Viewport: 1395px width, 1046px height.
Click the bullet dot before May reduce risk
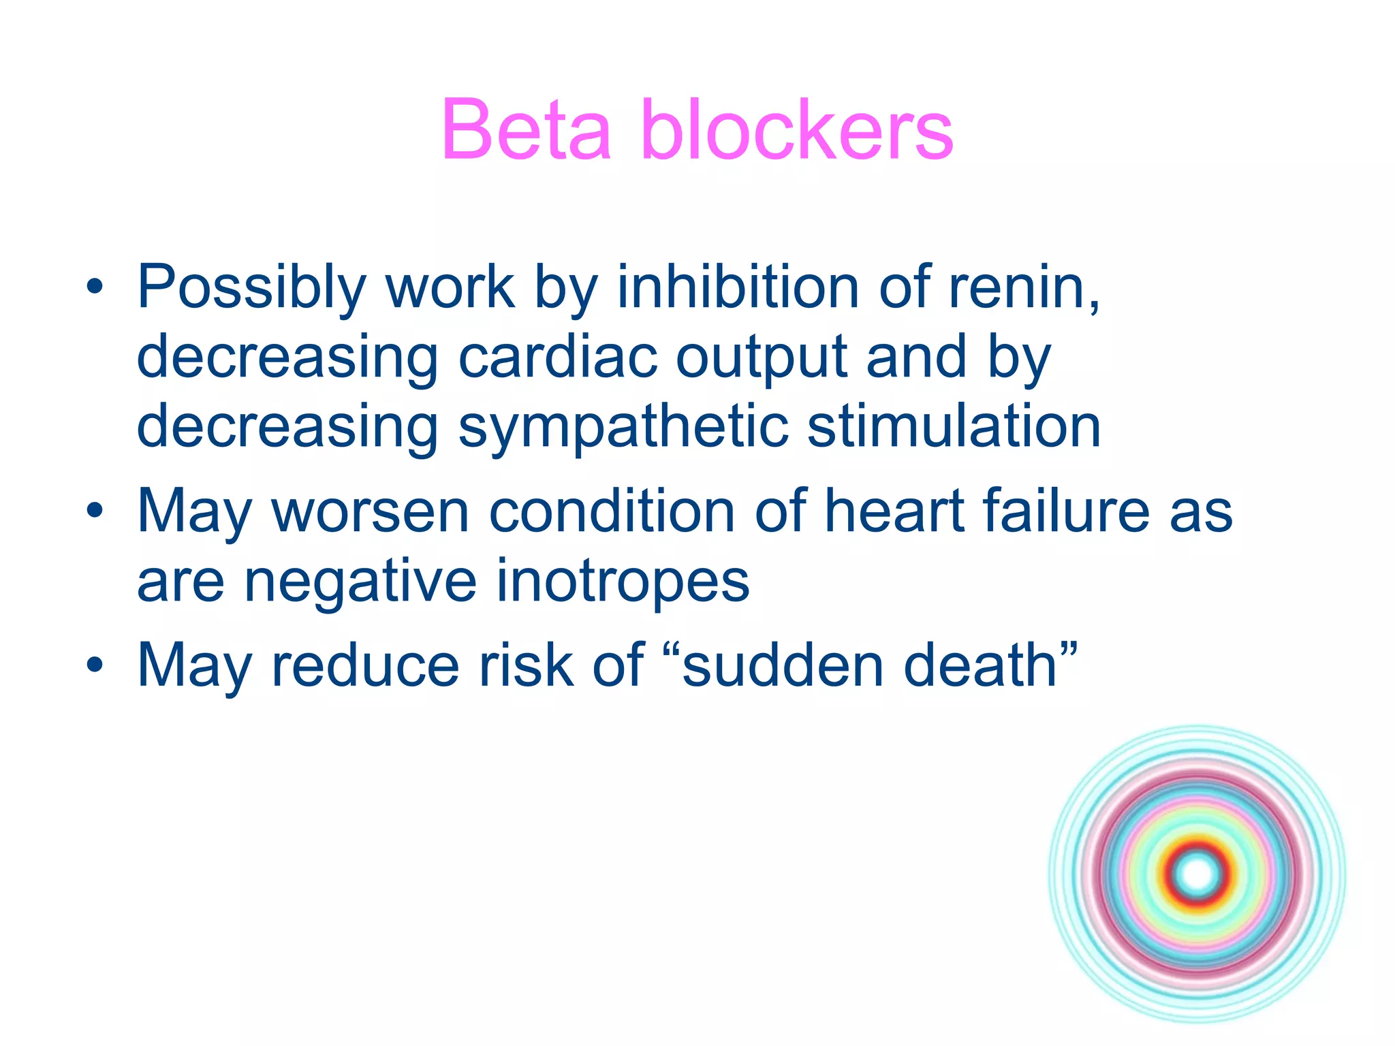pos(95,665)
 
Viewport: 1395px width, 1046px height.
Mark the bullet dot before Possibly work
pos(95,287)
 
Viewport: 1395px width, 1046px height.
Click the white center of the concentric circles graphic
pos(1197,874)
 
